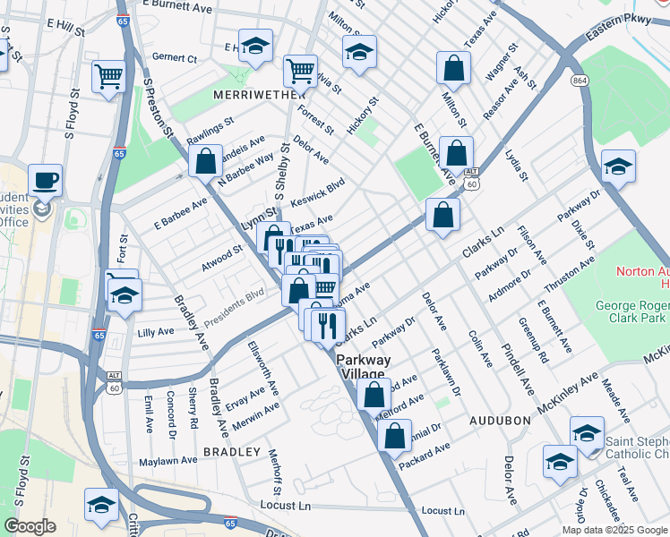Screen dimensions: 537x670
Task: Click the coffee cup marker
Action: click(x=45, y=181)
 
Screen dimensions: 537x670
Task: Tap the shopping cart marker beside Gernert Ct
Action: click(x=109, y=77)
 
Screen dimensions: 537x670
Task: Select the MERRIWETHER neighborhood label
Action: click(x=249, y=94)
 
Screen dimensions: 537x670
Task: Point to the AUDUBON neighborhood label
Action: click(x=494, y=419)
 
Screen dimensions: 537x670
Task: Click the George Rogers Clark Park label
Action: click(x=632, y=311)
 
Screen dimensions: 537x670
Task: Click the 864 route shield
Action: click(x=581, y=81)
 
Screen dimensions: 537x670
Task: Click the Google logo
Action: click(x=30, y=526)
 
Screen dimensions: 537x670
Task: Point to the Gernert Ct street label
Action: click(x=175, y=58)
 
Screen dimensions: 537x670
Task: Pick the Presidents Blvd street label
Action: click(x=234, y=307)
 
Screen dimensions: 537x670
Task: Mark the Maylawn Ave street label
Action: click(x=167, y=461)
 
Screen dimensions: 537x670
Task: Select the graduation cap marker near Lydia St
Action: click(x=617, y=168)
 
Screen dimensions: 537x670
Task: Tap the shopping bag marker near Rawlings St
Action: click(x=206, y=163)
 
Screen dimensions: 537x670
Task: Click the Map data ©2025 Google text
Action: click(x=614, y=529)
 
